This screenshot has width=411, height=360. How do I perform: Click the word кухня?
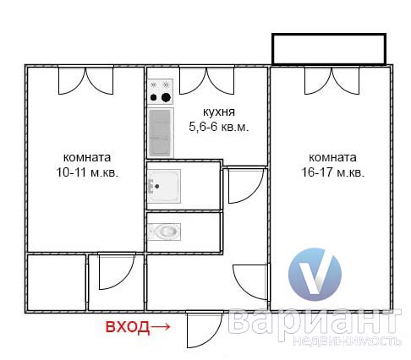(x=219, y=112)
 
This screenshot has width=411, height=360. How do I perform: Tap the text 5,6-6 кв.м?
(x=219, y=127)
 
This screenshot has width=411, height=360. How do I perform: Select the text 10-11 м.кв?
(x=87, y=172)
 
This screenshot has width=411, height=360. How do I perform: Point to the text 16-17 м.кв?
(x=333, y=172)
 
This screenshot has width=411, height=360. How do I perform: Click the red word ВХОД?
(x=128, y=327)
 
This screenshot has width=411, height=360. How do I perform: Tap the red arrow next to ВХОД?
(x=161, y=327)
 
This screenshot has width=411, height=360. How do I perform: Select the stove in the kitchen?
(x=160, y=91)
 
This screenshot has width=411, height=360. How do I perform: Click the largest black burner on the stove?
(x=166, y=97)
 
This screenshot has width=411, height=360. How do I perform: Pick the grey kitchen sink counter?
(x=160, y=133)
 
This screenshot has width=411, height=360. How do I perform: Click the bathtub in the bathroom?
(x=164, y=186)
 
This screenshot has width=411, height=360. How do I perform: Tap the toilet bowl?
(x=165, y=232)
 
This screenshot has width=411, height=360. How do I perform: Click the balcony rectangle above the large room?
(x=329, y=49)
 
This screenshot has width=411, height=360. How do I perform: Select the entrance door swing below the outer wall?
(x=205, y=329)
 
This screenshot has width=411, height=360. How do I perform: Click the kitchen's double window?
(x=206, y=80)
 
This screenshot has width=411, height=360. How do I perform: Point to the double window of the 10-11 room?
(x=85, y=80)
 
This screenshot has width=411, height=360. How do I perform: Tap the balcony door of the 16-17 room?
(x=332, y=80)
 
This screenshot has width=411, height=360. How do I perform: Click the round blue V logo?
(x=315, y=275)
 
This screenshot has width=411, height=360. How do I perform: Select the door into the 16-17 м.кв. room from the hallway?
(x=250, y=281)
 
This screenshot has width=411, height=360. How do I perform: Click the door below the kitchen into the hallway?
(x=246, y=185)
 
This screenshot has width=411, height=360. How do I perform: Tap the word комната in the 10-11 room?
(x=87, y=157)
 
